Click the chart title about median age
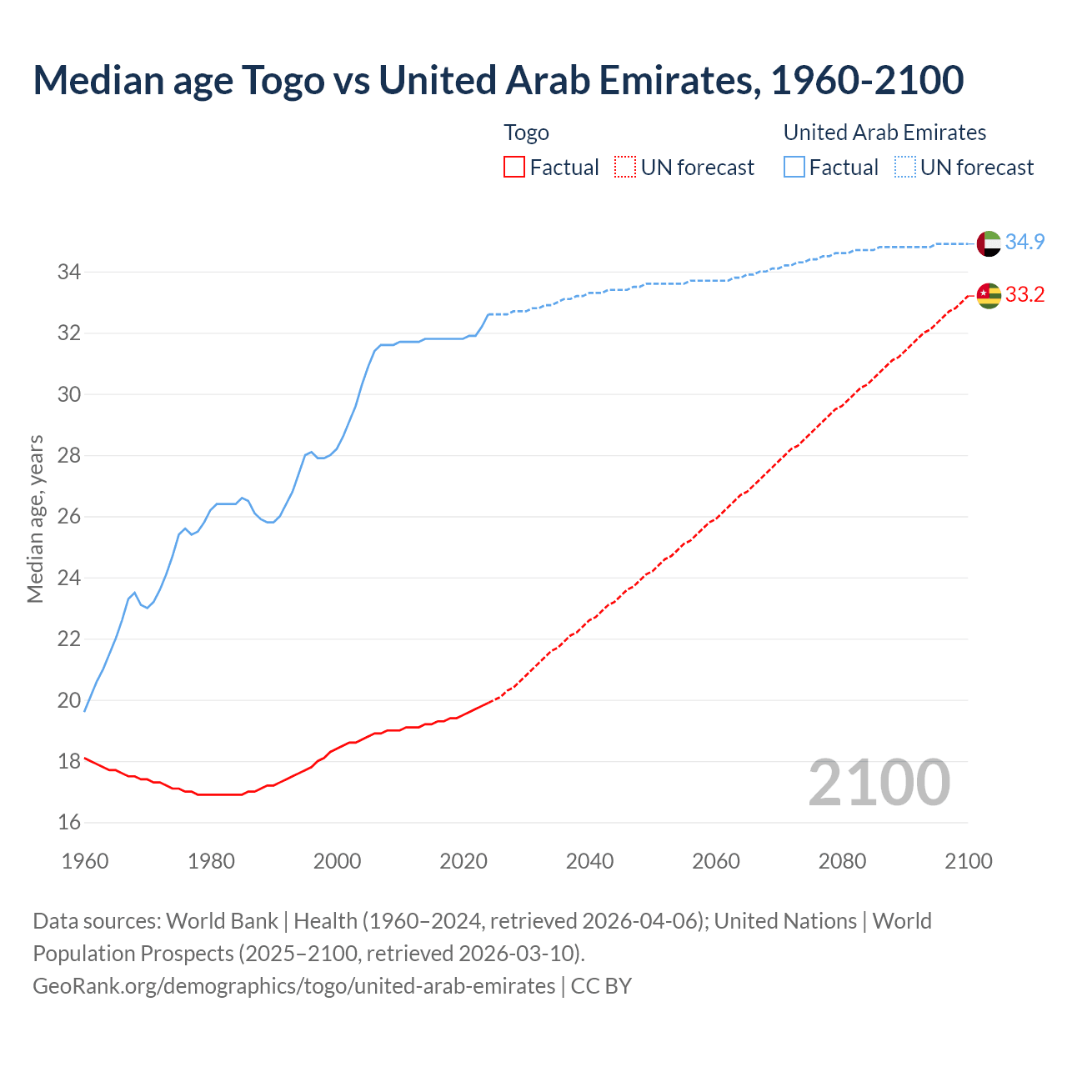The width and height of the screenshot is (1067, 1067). pyautogui.click(x=498, y=80)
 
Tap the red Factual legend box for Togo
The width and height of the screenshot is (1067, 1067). pyautogui.click(x=514, y=168)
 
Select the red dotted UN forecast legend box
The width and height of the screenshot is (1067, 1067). pyautogui.click(x=625, y=168)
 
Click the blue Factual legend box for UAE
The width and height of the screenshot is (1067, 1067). pyautogui.click(x=794, y=168)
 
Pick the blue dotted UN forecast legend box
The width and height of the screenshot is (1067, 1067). pyautogui.click(x=905, y=168)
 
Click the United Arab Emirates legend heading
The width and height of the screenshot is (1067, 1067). pyautogui.click(x=884, y=133)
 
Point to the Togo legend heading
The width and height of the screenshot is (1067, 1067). pyautogui.click(x=526, y=133)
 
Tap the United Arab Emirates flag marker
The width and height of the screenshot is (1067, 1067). pyautogui.click(x=989, y=243)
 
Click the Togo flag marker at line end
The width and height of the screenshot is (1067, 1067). pyautogui.click(x=989, y=295)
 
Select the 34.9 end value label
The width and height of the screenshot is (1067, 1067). pyautogui.click(x=1024, y=242)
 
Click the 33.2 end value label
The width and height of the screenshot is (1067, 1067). pyautogui.click(x=1024, y=294)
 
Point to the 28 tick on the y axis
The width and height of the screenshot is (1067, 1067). pyautogui.click(x=68, y=456)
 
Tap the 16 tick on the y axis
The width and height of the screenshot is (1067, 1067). pyautogui.click(x=68, y=823)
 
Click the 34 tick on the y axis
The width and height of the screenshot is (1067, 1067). pyautogui.click(x=68, y=272)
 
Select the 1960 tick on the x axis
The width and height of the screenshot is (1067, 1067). pyautogui.click(x=85, y=861)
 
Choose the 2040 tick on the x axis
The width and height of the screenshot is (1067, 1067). pyautogui.click(x=589, y=861)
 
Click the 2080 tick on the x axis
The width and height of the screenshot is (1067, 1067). pyautogui.click(x=842, y=861)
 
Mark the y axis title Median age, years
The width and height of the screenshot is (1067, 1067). pyautogui.click(x=35, y=518)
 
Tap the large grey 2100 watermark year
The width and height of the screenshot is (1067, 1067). pyautogui.click(x=879, y=783)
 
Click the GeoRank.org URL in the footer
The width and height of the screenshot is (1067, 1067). pyautogui.click(x=293, y=986)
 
